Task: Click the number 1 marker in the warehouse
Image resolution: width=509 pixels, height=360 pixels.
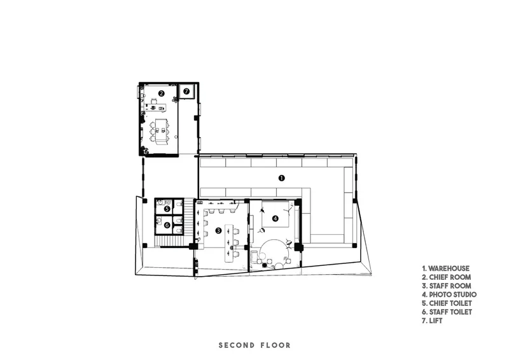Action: [281, 178]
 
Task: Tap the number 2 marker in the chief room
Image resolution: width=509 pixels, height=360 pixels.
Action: [161, 93]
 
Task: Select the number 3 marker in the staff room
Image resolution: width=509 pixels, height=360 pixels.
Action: [218, 230]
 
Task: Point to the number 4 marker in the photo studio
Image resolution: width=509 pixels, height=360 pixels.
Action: [275, 218]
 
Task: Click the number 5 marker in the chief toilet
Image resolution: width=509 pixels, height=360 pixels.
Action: [167, 209]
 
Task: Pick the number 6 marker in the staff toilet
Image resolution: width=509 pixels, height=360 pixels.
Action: [167, 225]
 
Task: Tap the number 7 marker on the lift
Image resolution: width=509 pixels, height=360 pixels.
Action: [186, 92]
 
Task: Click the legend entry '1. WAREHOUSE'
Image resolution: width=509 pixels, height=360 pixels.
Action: [446, 268]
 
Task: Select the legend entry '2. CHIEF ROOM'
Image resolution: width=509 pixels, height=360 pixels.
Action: [447, 277]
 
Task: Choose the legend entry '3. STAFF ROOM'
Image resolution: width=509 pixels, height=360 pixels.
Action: [447, 286]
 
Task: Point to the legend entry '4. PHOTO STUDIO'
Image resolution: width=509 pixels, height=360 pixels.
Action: [449, 294]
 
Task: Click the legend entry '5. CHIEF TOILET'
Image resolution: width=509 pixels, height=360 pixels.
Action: [447, 303]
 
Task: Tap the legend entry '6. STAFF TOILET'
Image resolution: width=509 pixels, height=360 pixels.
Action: [447, 312]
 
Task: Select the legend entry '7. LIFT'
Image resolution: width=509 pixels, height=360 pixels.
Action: [432, 321]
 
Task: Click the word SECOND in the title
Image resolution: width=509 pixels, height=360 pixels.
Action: [237, 345]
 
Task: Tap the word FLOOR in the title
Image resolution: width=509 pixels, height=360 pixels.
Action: [275, 345]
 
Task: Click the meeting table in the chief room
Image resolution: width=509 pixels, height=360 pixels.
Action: [161, 131]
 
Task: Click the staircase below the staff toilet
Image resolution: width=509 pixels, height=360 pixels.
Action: [171, 241]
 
